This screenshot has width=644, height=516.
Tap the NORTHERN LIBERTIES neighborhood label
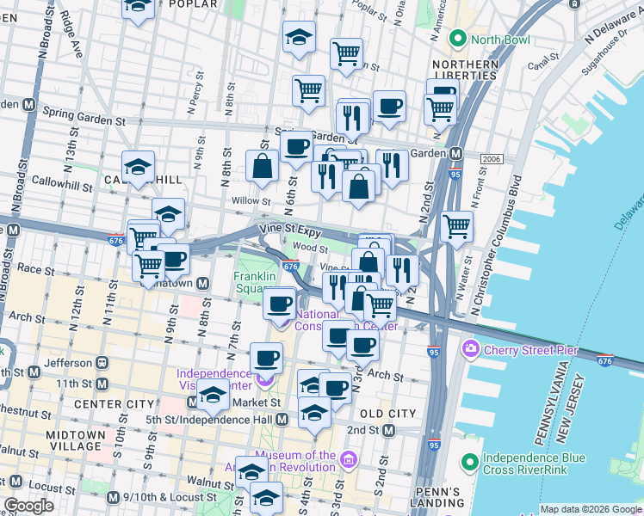pyautogui.click(x=465, y=70)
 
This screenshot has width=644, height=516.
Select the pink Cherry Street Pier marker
pyautogui.click(x=471, y=349)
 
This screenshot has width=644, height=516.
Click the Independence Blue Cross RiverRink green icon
pyautogui.click(x=469, y=463)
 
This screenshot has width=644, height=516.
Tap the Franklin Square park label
pyautogui.click(x=255, y=282)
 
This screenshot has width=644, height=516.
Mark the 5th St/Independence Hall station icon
pyautogui.click(x=283, y=419)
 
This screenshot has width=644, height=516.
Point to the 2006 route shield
pyautogui.click(x=491, y=159)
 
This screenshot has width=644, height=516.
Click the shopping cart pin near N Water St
pyautogui.click(x=456, y=226)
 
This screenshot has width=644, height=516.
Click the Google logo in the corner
pyautogui.click(x=28, y=506)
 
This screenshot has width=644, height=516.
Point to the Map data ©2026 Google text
pyautogui.click(x=590, y=509)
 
